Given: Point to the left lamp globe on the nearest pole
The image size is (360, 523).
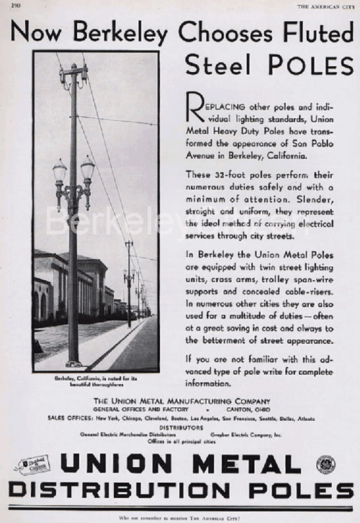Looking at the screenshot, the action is [59, 172].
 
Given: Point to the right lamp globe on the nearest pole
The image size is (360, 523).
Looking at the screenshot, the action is [87, 169].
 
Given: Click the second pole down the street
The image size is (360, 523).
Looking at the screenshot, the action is [129, 281].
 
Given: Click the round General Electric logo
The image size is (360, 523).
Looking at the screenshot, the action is [325, 465].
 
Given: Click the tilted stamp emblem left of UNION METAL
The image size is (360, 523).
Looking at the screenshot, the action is [32, 465].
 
